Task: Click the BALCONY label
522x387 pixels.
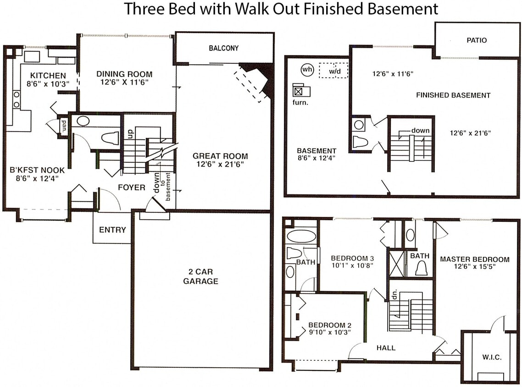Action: click(223, 48)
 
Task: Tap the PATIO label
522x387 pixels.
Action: click(477, 40)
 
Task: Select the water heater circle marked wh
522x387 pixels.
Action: click(306, 70)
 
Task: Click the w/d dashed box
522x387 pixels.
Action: click(333, 71)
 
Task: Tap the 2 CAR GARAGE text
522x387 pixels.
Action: click(200, 276)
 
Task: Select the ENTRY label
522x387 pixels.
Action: click(112, 230)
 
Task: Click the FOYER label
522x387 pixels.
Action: click(132, 188)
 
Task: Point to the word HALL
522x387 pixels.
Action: click(385, 348)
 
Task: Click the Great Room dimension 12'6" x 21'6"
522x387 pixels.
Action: click(220, 164)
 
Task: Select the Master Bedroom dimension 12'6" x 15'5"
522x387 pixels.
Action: click(474, 266)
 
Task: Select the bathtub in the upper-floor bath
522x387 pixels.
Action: click(301, 237)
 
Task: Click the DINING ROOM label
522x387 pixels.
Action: click(124, 74)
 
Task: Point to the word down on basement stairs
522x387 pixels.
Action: click(420, 131)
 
